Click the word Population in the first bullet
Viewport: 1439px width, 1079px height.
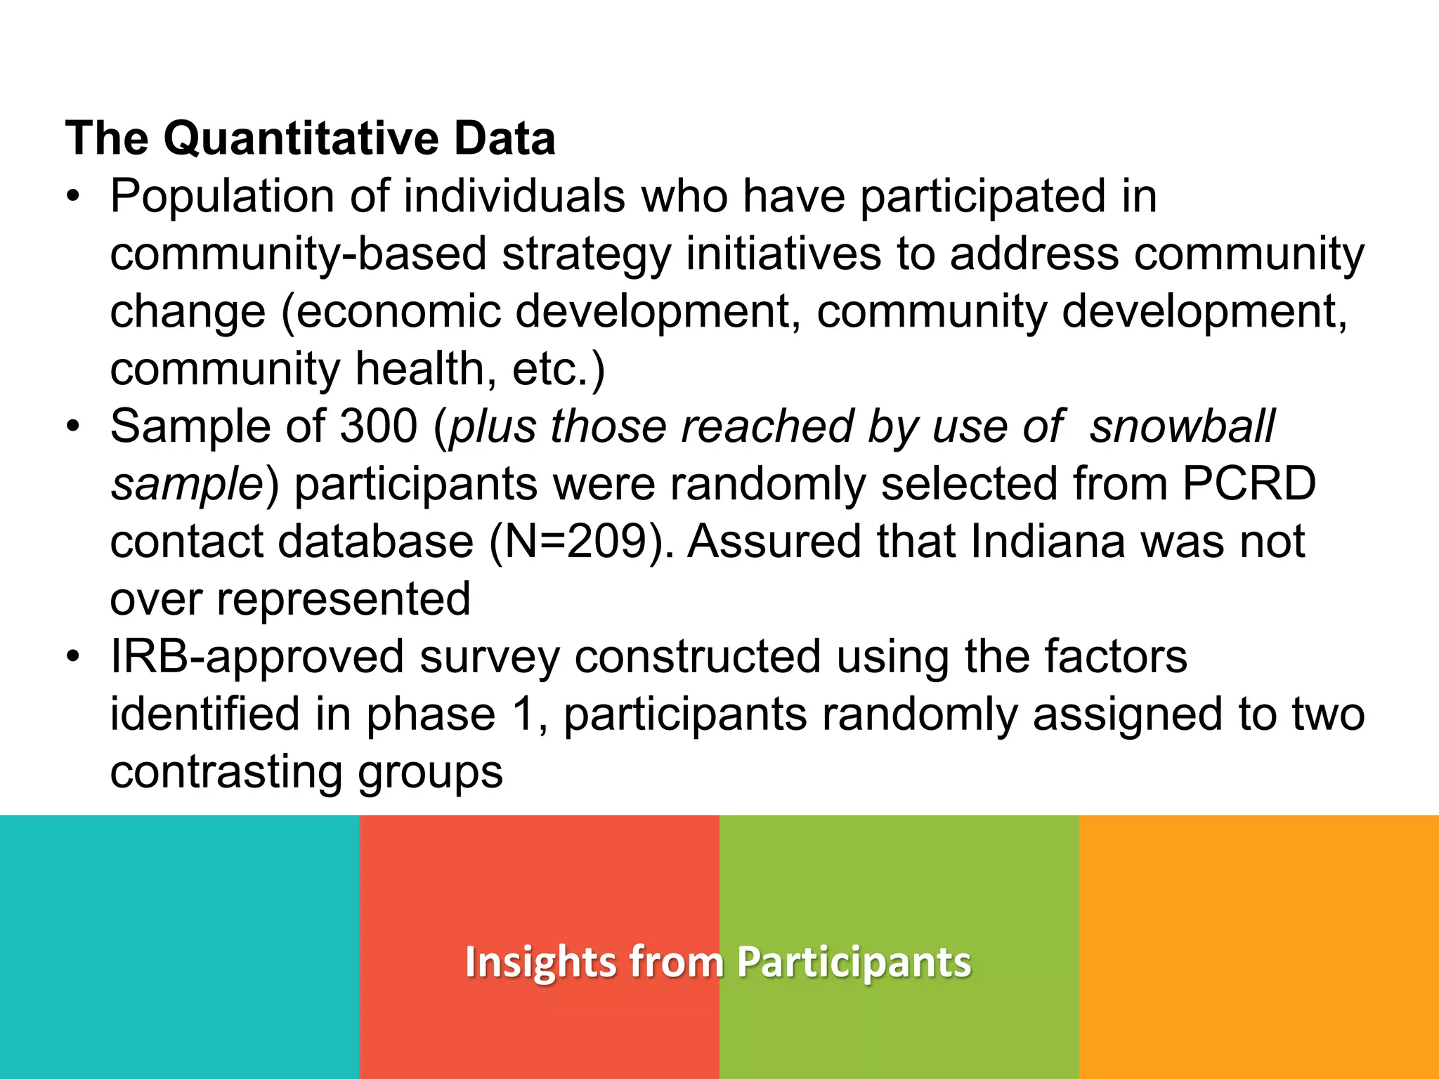click(x=222, y=196)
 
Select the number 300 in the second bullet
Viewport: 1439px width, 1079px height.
click(x=379, y=426)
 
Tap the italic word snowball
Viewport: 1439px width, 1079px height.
click(x=1182, y=426)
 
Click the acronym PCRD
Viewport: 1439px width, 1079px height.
click(x=1249, y=484)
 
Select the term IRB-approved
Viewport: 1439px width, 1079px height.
click(x=257, y=657)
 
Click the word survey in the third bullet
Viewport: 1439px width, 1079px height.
click(x=490, y=657)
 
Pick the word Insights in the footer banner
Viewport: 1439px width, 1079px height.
click(x=539, y=962)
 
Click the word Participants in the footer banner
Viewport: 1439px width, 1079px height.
click(x=854, y=962)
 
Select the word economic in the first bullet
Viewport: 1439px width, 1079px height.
click(x=398, y=311)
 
